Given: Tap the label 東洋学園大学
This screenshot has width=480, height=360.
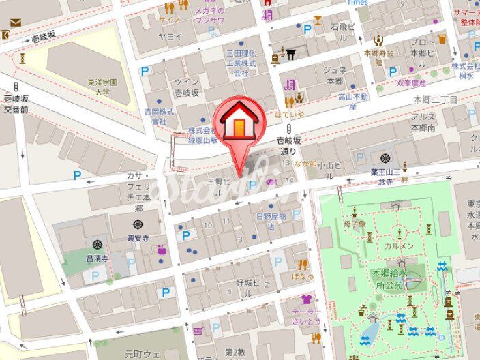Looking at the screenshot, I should tap(103, 86).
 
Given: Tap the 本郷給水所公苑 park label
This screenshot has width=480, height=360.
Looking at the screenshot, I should tap(388, 278).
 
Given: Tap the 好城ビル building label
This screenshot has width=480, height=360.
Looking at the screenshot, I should tap(247, 282).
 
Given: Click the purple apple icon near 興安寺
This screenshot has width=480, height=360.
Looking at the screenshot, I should tap(162, 250).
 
